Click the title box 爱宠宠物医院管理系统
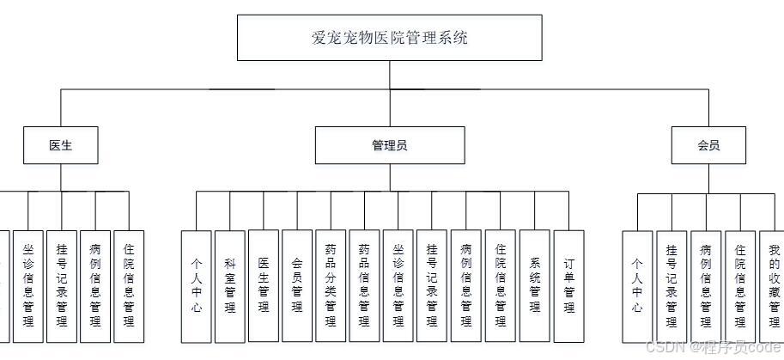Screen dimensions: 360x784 click(x=389, y=38)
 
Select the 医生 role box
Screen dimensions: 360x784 click(x=60, y=145)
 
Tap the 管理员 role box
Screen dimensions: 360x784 click(x=389, y=145)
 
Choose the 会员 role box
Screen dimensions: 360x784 click(x=708, y=145)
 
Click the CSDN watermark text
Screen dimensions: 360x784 click(x=712, y=347)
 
